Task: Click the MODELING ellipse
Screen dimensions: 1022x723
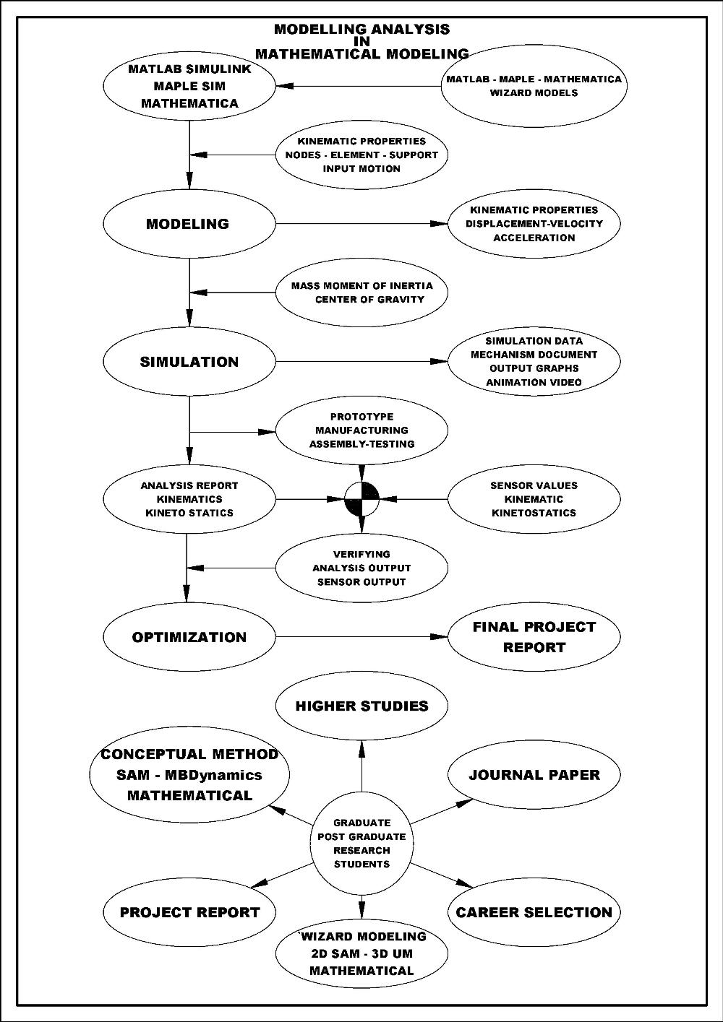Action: [x=189, y=224]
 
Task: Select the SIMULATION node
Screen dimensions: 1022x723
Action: [x=189, y=362]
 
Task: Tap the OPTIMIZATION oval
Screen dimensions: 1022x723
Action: [x=189, y=637]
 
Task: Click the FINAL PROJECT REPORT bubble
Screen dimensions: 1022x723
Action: [x=534, y=637]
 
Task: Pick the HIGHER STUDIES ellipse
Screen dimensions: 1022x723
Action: [x=361, y=706]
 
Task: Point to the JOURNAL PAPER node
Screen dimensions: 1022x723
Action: [x=534, y=775]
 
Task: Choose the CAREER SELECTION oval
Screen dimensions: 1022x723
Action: [x=534, y=912]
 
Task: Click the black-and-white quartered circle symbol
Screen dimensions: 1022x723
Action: [x=361, y=498]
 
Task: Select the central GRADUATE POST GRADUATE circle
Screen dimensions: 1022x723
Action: [x=361, y=843]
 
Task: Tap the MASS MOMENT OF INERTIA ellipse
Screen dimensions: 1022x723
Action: [x=361, y=293]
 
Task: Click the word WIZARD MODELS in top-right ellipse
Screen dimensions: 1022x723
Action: [x=534, y=92]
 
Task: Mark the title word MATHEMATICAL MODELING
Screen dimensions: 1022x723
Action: [x=361, y=54]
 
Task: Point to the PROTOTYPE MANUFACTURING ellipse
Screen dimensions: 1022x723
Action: [x=361, y=430]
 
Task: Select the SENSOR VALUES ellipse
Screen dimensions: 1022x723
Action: [x=534, y=499]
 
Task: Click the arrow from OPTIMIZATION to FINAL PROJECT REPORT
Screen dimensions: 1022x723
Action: [x=361, y=637]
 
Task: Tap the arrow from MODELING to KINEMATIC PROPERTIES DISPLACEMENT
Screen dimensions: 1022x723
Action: [x=361, y=224]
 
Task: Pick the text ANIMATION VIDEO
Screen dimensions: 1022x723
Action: [x=534, y=382]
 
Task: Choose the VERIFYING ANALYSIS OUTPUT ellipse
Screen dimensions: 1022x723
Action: [x=361, y=568]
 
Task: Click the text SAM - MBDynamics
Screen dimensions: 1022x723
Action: [x=189, y=775]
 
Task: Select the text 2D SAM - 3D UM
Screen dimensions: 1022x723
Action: [x=361, y=953]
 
